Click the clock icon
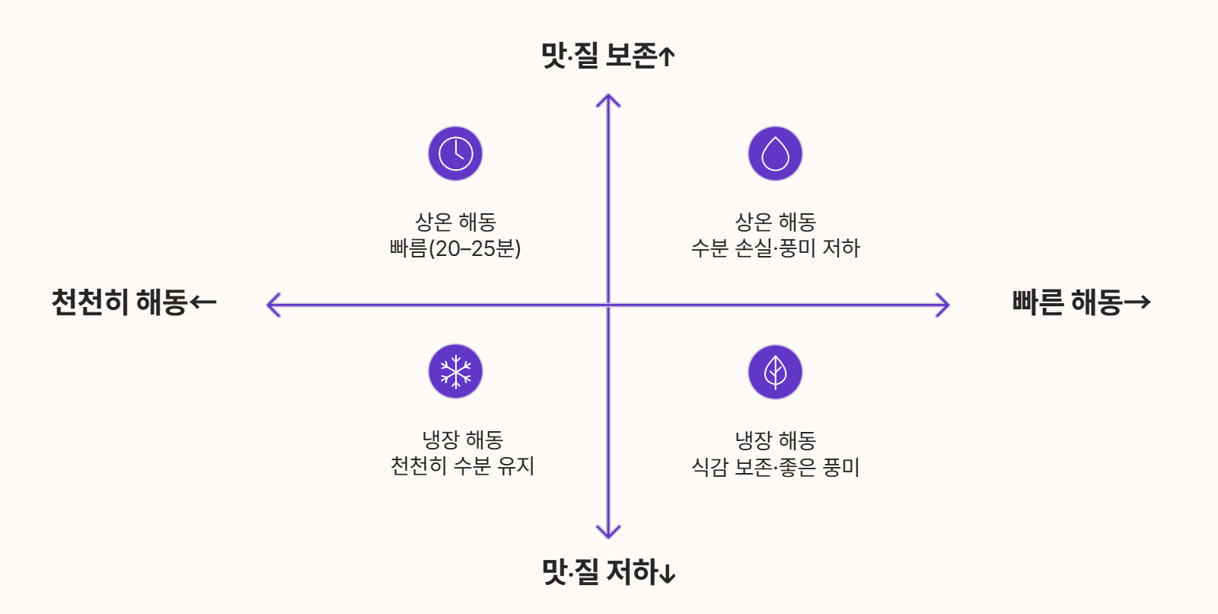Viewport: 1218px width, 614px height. (455, 153)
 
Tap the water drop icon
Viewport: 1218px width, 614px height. (775, 153)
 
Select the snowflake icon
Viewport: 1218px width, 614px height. (455, 371)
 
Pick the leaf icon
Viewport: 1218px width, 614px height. (775, 372)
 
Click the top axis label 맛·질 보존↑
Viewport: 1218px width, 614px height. (607, 55)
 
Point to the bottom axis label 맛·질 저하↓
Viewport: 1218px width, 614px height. (607, 571)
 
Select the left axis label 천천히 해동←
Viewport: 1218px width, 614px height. (134, 302)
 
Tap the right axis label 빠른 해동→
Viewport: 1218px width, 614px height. (1081, 302)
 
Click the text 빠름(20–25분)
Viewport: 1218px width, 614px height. (455, 248)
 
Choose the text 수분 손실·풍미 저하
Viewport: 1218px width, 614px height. (775, 248)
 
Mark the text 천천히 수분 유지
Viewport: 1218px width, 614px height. (462, 465)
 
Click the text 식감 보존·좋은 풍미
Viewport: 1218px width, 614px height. (775, 466)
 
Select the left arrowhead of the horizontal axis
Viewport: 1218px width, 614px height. (271, 305)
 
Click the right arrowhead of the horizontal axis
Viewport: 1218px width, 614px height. (945, 305)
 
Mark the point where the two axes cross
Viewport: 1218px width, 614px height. (608, 305)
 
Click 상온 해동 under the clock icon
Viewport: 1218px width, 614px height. (455, 222)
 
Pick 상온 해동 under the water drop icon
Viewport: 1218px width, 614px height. (775, 222)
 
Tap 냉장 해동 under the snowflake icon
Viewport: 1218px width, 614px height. (462, 440)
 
